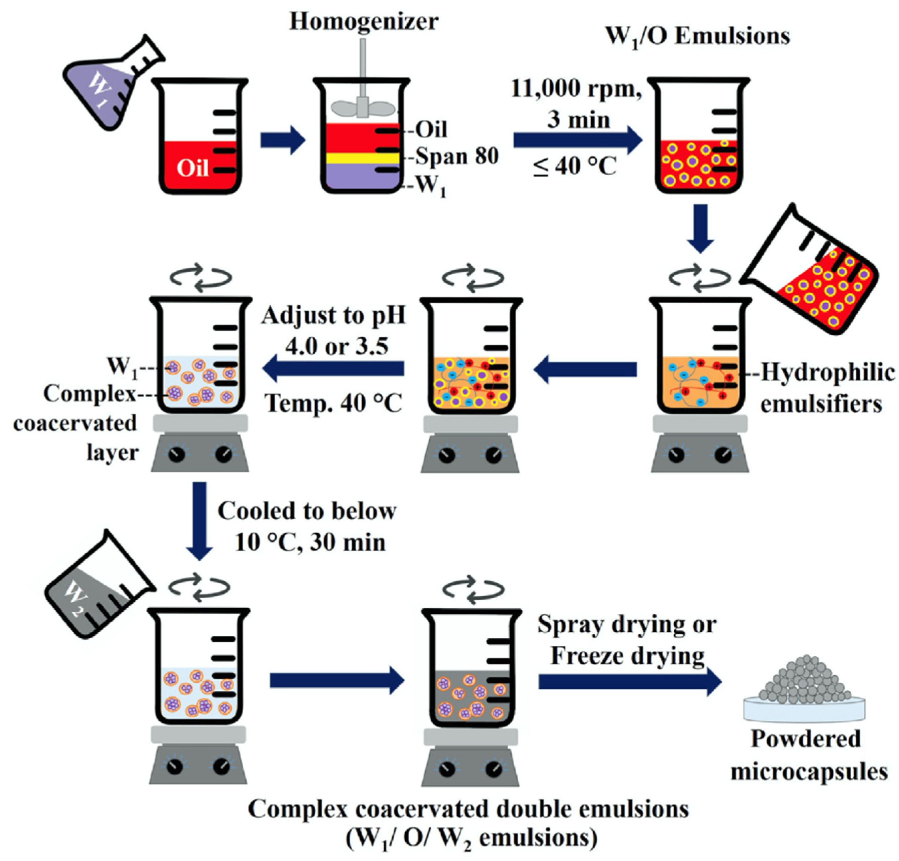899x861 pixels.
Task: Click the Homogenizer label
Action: (x=363, y=22)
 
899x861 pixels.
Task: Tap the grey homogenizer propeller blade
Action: (x=362, y=108)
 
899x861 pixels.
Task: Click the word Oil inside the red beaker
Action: (x=193, y=168)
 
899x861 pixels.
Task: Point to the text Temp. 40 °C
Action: (x=333, y=404)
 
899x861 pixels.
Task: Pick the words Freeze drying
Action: (x=627, y=656)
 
